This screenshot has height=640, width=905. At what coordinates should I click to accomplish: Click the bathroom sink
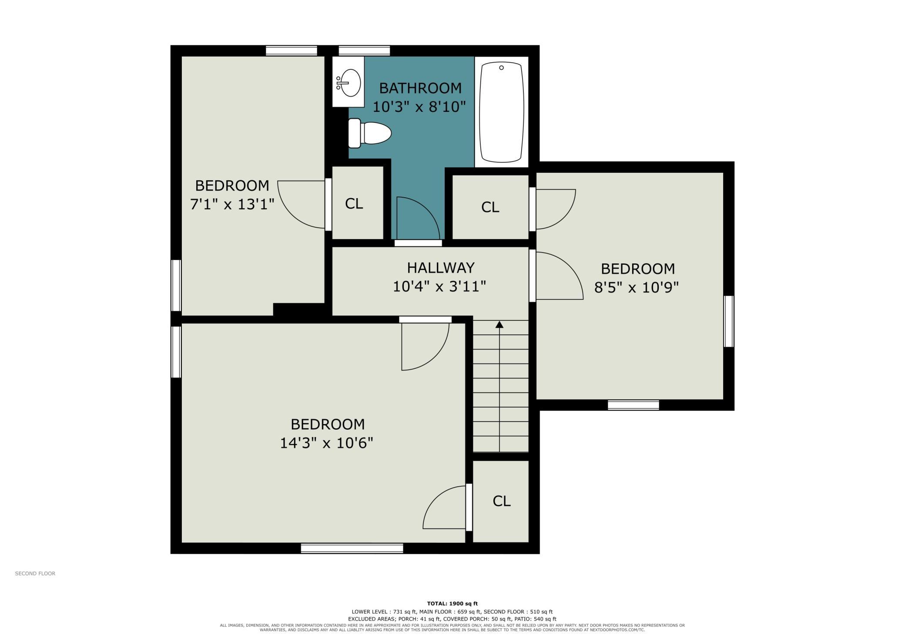348,82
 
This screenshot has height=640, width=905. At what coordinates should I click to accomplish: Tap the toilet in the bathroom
370,133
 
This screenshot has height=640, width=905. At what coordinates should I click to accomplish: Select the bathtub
501,112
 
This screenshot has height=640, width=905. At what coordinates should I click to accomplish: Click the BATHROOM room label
420,88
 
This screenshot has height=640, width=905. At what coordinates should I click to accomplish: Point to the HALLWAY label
441,267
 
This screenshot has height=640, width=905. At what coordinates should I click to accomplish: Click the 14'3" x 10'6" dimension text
326,443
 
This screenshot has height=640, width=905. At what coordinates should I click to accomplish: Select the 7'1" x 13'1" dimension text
232,204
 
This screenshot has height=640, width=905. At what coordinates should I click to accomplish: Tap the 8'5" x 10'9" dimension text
637,287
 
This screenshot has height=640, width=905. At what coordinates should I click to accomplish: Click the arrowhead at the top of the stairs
499,324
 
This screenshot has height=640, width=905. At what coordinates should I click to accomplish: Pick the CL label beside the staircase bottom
501,501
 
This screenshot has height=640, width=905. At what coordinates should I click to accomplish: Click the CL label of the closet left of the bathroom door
354,203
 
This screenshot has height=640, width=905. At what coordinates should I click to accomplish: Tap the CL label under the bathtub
490,207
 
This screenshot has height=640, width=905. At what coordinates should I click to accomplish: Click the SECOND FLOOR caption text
35,573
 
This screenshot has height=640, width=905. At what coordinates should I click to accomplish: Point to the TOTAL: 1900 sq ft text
452,603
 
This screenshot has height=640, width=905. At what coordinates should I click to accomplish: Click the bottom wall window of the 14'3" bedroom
352,548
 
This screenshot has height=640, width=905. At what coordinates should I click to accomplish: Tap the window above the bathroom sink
364,51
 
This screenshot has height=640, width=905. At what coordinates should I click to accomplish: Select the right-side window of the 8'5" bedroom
729,321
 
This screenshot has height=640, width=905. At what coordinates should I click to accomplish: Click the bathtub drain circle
501,67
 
